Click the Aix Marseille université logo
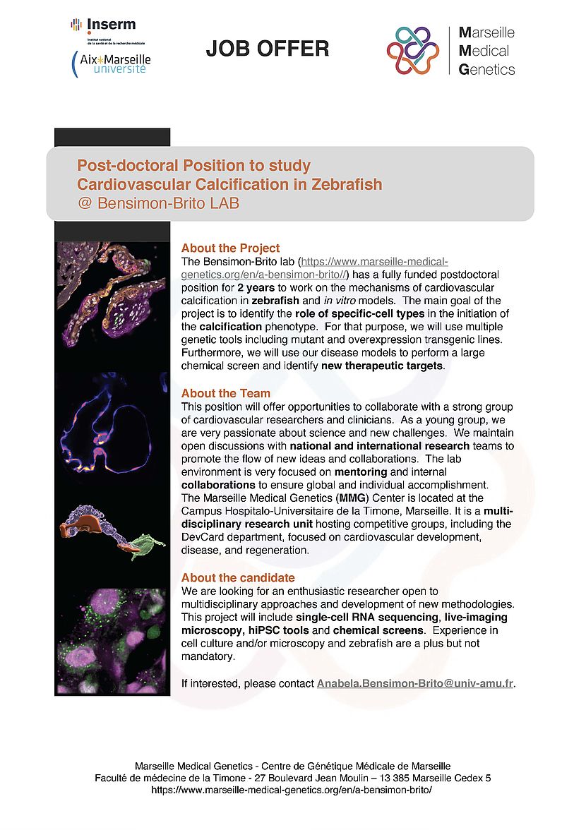[x=112, y=64]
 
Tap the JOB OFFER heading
[x=268, y=48]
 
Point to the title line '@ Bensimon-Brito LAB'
[x=159, y=204]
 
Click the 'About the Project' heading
[x=230, y=248]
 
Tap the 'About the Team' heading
[x=225, y=393]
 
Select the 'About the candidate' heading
[x=238, y=578]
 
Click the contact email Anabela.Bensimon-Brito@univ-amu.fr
[x=415, y=684]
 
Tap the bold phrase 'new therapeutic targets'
[x=382, y=366]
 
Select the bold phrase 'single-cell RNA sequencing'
[x=357, y=617]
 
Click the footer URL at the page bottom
[x=292, y=790]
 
